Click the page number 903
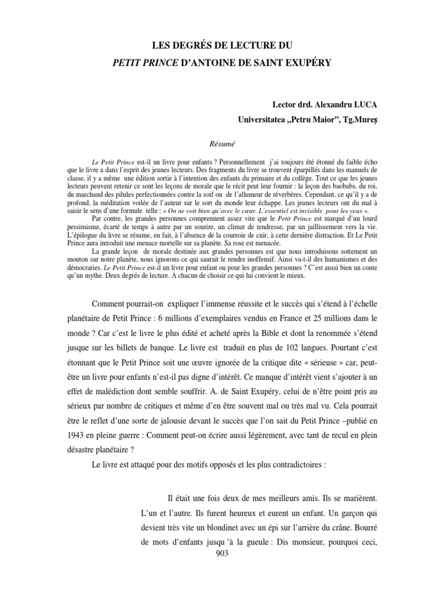[x=222, y=554]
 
